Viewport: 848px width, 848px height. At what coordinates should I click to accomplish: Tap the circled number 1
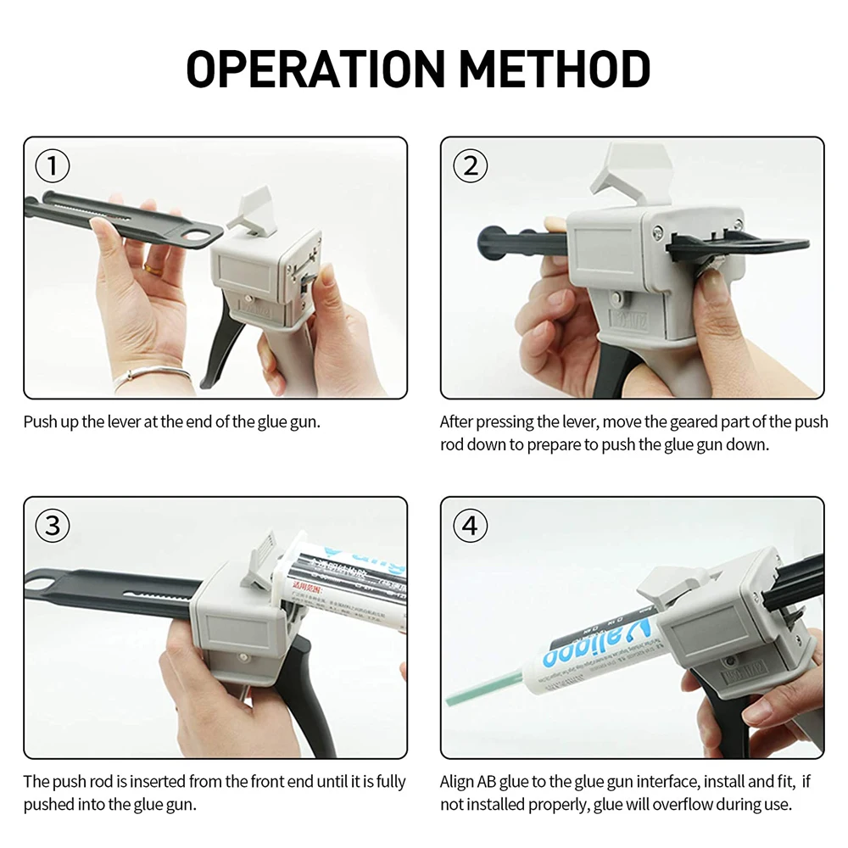(x=53, y=167)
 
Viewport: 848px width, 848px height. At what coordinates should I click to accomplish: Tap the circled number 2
(x=471, y=166)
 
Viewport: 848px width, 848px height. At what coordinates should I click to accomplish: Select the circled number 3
(x=53, y=526)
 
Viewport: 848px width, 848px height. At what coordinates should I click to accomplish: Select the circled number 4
(x=471, y=527)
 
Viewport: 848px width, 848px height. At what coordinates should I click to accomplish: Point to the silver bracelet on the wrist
(x=153, y=374)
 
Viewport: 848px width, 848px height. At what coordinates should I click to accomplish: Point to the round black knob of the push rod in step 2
(x=489, y=242)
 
